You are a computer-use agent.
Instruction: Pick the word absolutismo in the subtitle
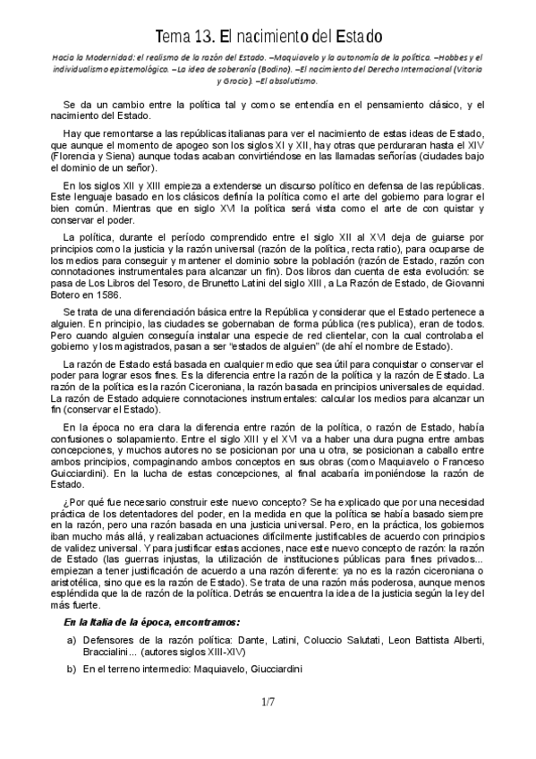click(x=295, y=80)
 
